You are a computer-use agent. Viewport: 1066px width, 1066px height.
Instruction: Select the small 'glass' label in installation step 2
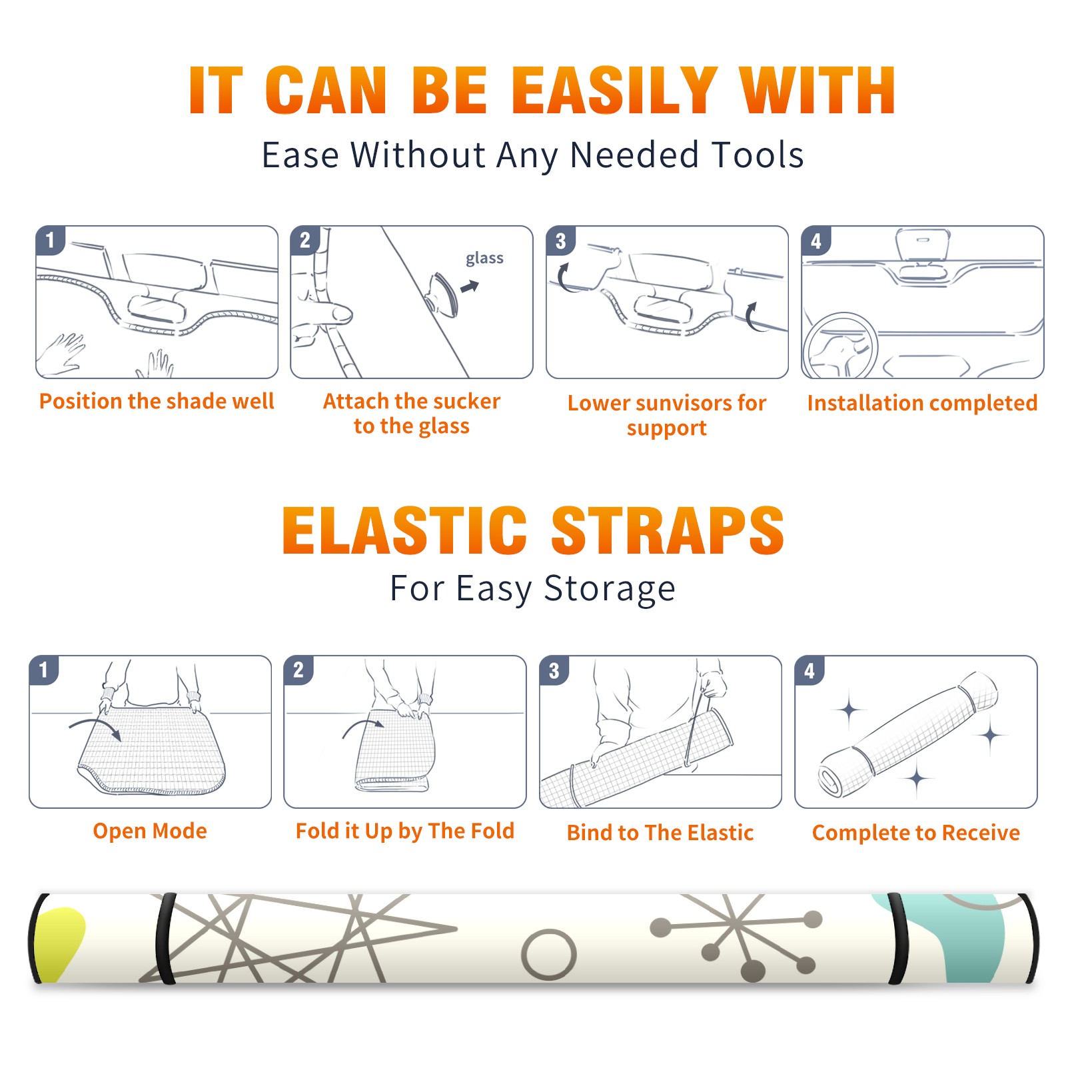(484, 259)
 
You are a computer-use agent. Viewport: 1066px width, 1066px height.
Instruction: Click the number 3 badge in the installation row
(561, 241)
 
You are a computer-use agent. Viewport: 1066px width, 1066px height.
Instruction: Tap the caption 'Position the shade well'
(157, 401)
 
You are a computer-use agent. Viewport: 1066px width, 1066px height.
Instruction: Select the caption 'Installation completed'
(922, 402)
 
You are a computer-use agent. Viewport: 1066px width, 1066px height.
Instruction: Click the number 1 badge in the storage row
(44, 670)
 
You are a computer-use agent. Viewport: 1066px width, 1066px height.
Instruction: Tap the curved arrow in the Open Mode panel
(95, 728)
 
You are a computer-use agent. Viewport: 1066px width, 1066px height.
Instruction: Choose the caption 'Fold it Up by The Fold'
(405, 831)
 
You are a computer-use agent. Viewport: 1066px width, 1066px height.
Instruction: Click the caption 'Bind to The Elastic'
(660, 832)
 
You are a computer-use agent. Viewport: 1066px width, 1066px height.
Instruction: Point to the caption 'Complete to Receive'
(916, 832)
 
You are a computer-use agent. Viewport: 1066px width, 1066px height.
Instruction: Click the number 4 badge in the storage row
(809, 670)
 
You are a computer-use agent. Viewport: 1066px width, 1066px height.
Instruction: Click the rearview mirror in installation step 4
(922, 245)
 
